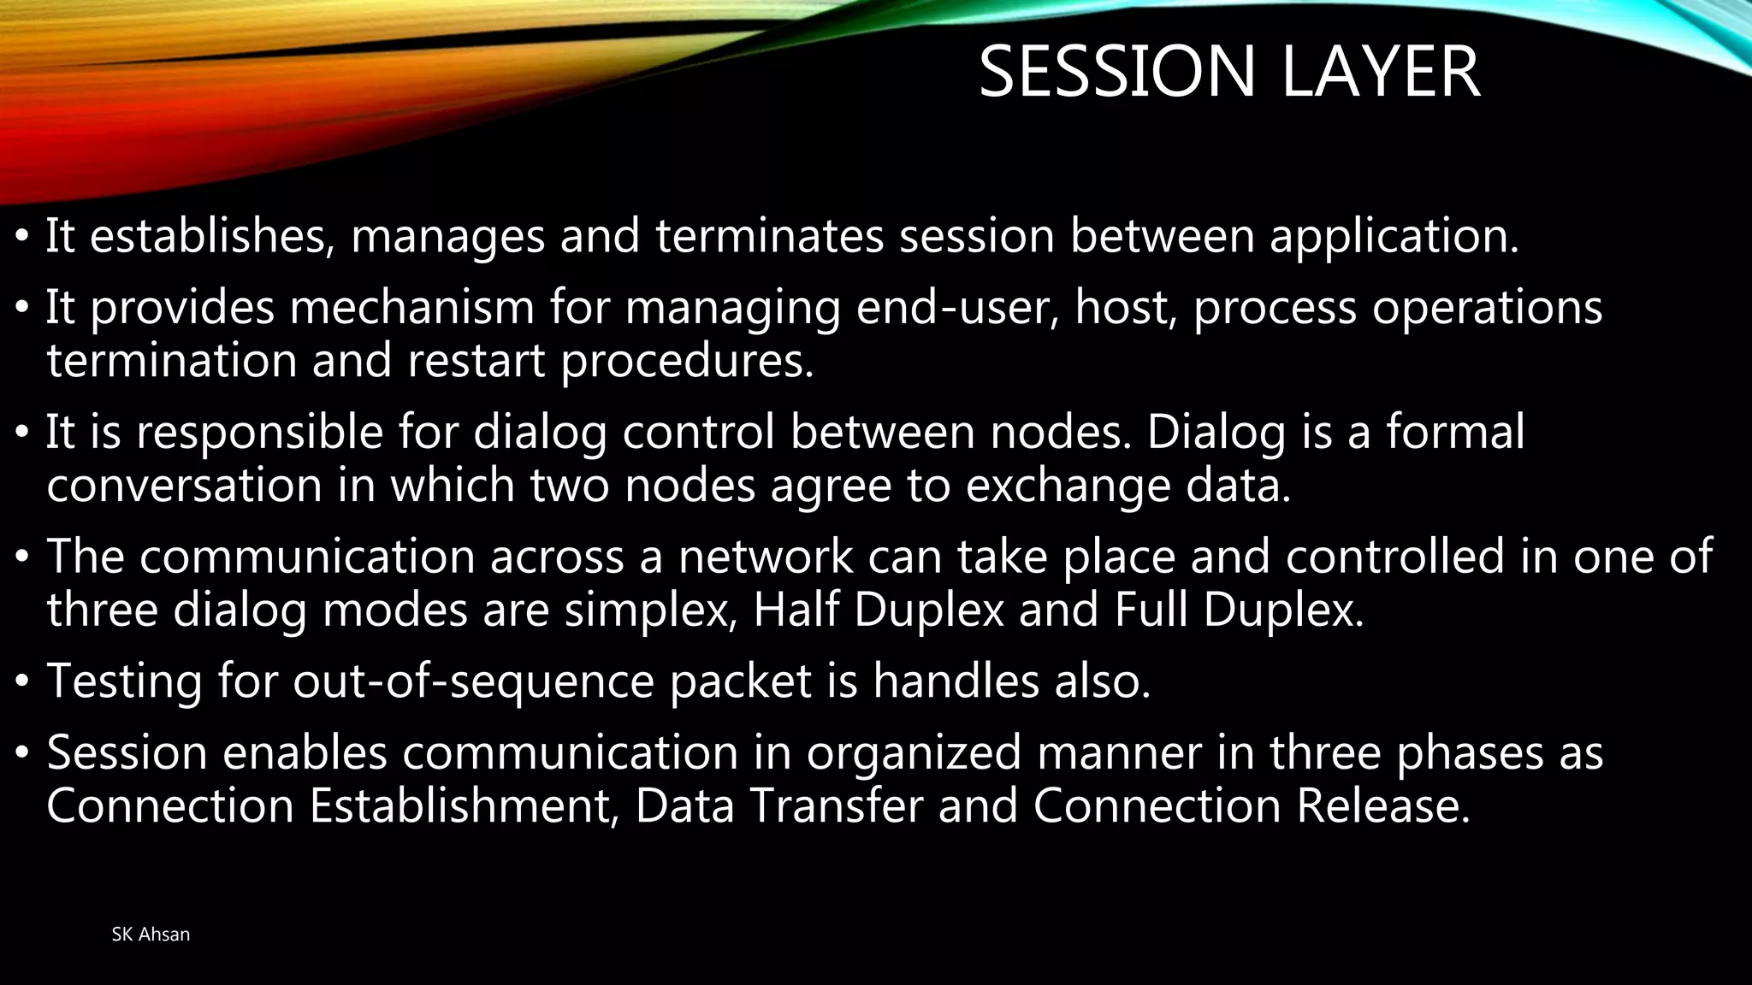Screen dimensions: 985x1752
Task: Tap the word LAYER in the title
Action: pos(1381,73)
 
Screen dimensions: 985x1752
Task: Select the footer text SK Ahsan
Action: pos(151,935)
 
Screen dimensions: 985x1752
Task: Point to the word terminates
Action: pos(769,236)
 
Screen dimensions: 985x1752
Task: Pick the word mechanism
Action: pos(412,308)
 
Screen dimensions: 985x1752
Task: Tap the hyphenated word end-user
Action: pos(957,308)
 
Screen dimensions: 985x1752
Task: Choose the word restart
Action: pos(476,361)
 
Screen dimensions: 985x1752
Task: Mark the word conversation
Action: pos(184,486)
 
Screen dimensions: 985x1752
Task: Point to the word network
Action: pos(766,557)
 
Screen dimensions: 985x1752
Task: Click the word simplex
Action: pos(650,610)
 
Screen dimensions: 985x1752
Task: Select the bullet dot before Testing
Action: pos(23,682)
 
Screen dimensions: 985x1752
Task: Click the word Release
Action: pos(1383,806)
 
